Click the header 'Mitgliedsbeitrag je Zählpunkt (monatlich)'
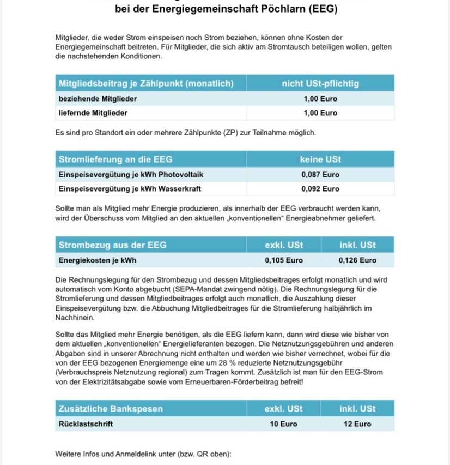click(146, 84)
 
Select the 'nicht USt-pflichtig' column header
click(320, 84)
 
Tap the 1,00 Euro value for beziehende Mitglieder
click(320, 99)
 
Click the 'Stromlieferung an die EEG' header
click(115, 159)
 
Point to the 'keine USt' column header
click(320, 159)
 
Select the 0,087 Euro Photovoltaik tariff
click(320, 175)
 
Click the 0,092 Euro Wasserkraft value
click(320, 189)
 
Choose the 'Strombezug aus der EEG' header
click(113, 245)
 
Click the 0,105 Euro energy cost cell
click(284, 260)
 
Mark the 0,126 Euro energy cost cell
click(357, 260)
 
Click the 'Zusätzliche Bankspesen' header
click(111, 409)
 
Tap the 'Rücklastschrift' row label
click(86, 424)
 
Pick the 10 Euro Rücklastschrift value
click(284, 424)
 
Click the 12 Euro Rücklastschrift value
click(357, 424)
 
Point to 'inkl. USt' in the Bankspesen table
click(357, 409)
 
